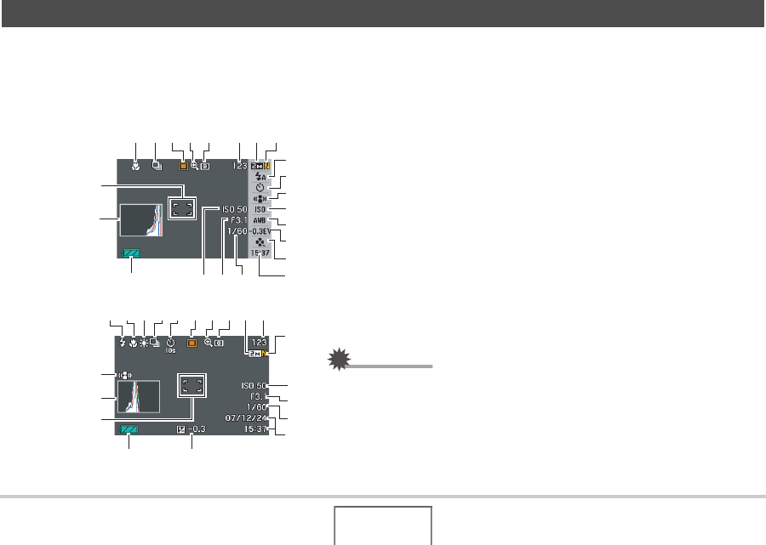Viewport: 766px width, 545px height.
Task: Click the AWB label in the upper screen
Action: pyautogui.click(x=260, y=220)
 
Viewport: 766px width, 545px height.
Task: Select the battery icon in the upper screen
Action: pyautogui.click(x=132, y=253)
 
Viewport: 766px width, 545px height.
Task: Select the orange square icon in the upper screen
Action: pyautogui.click(x=182, y=167)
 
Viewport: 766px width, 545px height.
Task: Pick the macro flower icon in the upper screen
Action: pyautogui.click(x=136, y=167)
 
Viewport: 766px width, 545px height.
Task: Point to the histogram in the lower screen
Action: pyautogui.click(x=138, y=397)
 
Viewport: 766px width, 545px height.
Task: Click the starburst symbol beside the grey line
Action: pyautogui.click(x=340, y=361)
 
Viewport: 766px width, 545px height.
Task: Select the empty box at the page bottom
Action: pyautogui.click(x=382, y=525)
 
